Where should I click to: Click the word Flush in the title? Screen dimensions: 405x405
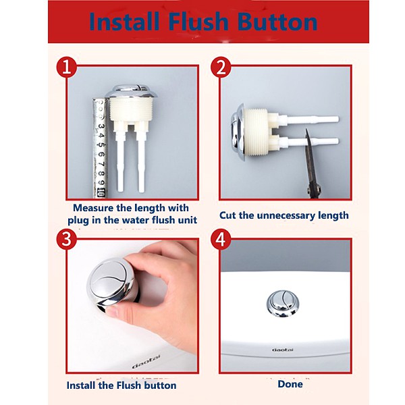click(x=198, y=22)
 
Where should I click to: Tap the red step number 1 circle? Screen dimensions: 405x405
click(x=67, y=67)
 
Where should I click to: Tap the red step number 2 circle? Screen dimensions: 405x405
click(x=221, y=67)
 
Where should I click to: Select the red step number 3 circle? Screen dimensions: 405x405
click(x=67, y=239)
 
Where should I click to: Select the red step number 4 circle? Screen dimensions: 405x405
click(x=221, y=239)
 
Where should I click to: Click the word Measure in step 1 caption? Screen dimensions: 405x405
click(x=93, y=208)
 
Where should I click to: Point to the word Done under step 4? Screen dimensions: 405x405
click(x=290, y=384)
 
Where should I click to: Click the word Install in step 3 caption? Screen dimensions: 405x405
click(x=81, y=385)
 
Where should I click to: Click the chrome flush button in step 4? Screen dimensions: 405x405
click(x=283, y=303)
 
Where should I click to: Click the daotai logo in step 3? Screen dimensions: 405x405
click(x=146, y=361)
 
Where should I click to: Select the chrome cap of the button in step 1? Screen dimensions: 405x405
click(x=131, y=91)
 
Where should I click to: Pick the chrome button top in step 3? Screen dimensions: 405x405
click(x=111, y=280)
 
